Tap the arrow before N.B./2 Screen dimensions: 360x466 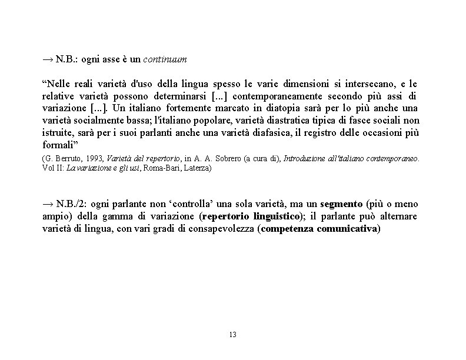pyautogui.click(x=48, y=204)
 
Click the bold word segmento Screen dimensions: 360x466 pyautogui.click(x=341, y=204)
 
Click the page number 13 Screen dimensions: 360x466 pyautogui.click(x=232, y=335)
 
